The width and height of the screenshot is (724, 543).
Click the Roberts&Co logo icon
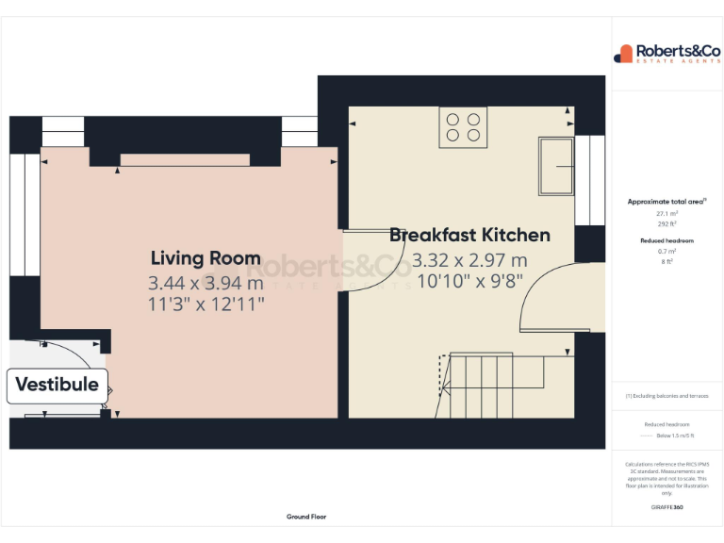click(x=624, y=54)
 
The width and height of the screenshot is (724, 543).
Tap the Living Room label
click(x=206, y=258)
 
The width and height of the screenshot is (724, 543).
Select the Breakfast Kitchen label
click(x=469, y=235)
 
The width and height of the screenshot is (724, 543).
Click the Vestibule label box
click(x=58, y=385)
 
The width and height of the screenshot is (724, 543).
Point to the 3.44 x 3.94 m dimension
click(x=206, y=282)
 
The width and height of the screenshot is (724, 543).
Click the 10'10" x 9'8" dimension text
click(x=469, y=280)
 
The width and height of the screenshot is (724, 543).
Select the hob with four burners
click(x=462, y=126)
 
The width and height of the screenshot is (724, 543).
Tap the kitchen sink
click(x=556, y=166)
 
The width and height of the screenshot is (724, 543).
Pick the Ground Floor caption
click(x=306, y=517)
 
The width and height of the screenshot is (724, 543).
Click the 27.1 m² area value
click(x=667, y=214)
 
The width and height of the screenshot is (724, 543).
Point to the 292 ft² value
click(x=667, y=224)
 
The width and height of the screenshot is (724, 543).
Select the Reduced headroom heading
click(x=667, y=241)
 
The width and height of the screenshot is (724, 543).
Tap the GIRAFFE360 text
click(x=667, y=508)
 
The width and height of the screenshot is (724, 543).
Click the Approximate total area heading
click(x=666, y=202)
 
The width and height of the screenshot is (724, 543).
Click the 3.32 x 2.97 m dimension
click(x=469, y=259)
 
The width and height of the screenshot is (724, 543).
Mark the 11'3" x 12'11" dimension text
click(x=206, y=304)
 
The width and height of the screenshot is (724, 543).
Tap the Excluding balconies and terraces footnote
click(x=667, y=396)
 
